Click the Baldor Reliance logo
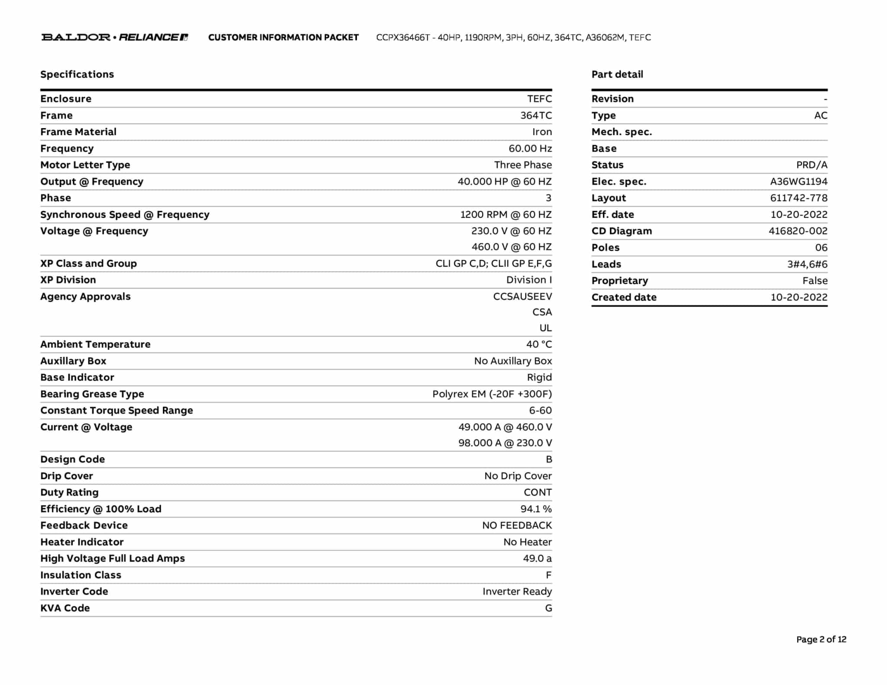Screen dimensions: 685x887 tap(114, 37)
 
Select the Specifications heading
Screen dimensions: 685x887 tap(77, 74)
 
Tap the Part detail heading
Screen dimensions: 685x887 tap(617, 74)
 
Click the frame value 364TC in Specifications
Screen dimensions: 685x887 tap(536, 116)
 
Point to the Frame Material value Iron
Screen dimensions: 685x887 tap(542, 132)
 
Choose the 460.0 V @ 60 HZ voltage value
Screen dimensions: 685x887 tap(511, 247)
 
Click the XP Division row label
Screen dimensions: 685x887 tap(68, 280)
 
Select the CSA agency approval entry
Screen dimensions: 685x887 tap(542, 312)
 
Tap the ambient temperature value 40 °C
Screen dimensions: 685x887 tap(539, 345)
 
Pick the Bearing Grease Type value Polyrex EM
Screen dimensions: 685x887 tap(492, 394)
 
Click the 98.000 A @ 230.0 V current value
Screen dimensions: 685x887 tap(505, 443)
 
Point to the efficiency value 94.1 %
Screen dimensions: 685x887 tap(536, 509)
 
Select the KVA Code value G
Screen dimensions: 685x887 tap(548, 608)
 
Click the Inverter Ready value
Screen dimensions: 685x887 tap(517, 592)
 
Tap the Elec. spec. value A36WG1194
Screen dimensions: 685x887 tap(798, 182)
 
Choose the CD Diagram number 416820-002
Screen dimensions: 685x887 tap(798, 231)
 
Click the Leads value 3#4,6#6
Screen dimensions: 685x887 tap(807, 265)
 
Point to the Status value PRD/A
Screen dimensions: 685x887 tap(811, 165)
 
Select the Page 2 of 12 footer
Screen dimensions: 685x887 tap(821, 640)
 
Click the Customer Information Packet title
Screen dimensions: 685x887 tap(283, 38)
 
